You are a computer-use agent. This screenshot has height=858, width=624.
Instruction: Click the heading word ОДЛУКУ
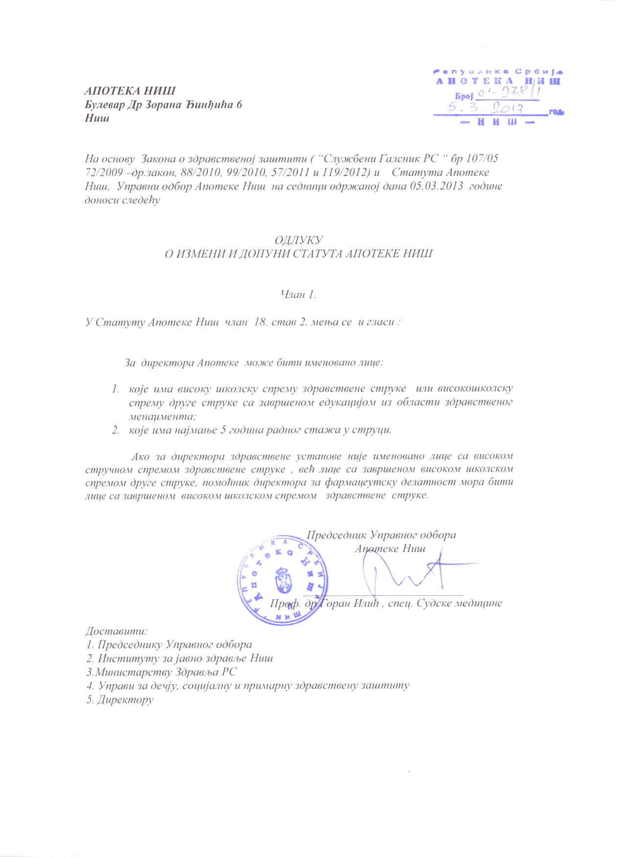[x=298, y=240]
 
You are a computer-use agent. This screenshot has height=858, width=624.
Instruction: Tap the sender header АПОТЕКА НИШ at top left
[x=129, y=91]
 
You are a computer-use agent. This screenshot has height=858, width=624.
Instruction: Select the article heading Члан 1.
[x=298, y=294]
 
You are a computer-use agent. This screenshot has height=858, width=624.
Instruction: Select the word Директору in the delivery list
[x=126, y=700]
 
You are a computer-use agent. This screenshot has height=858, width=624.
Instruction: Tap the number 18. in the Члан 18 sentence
[x=257, y=323]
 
